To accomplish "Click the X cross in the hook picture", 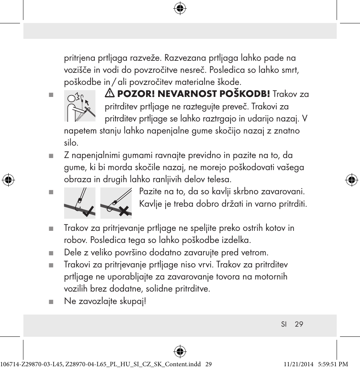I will point(123,211).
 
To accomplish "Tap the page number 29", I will point(299,324).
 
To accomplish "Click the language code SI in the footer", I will point(284,324).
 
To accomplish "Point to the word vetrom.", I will point(254,252).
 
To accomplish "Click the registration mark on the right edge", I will point(352,180).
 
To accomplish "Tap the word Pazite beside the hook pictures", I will point(151,192).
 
